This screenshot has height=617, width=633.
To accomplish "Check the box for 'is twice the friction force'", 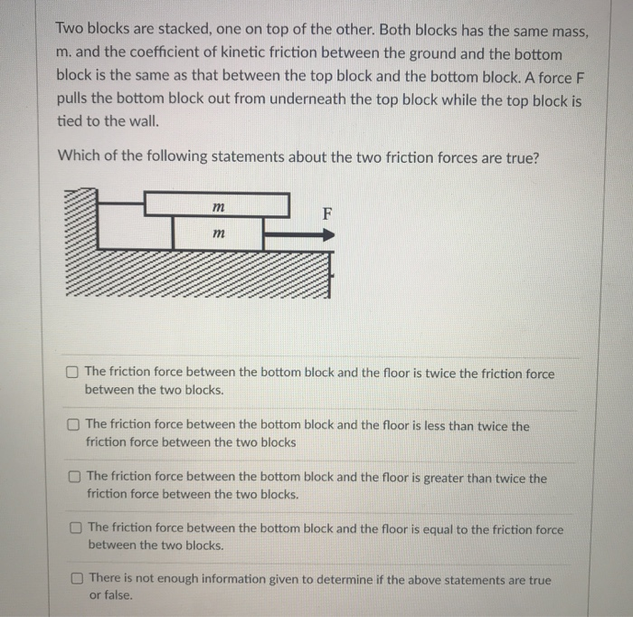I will [x=72, y=373].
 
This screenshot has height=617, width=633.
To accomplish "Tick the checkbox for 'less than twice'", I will [x=73, y=424].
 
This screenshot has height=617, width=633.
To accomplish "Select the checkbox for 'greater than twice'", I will [x=75, y=476].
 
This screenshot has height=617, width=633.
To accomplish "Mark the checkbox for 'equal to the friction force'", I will [x=76, y=527].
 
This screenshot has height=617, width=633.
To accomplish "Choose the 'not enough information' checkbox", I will [x=78, y=578].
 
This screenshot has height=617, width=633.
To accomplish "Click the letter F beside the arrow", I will [x=327, y=214].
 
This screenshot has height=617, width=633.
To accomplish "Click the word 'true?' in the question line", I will [x=520, y=156].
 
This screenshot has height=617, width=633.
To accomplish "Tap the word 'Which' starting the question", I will [x=78, y=156].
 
